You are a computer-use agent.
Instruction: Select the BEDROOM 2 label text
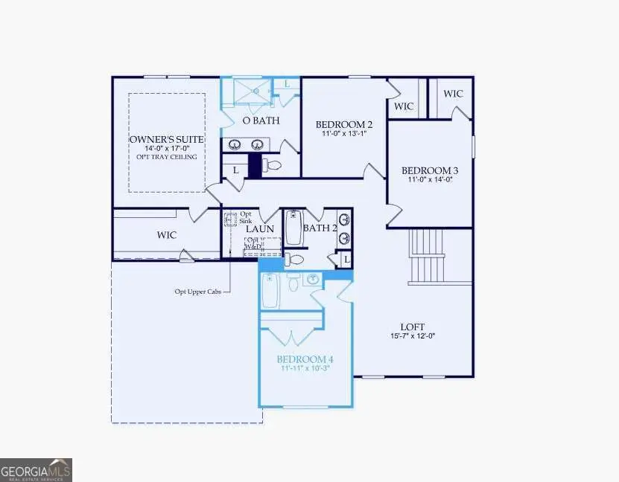click(343, 124)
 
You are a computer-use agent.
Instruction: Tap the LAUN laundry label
click(261, 229)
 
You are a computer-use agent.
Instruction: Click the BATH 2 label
click(320, 228)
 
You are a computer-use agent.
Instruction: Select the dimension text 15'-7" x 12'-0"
click(413, 335)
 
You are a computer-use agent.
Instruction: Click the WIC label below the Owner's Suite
click(166, 235)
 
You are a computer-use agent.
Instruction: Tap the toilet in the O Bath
click(273, 164)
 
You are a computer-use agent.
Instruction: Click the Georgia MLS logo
click(36, 470)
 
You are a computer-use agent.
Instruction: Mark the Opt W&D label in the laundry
click(253, 244)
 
